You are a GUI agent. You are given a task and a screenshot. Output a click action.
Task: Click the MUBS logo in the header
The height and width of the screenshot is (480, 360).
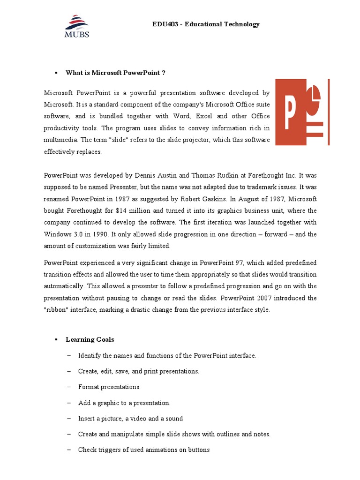point(77,26)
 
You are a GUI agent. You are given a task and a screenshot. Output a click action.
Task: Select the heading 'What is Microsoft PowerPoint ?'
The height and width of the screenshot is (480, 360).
point(115,73)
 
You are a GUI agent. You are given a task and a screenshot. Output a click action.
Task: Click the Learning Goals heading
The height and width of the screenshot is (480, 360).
point(90,339)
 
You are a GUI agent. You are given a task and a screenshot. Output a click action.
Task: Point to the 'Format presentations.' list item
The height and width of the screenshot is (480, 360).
point(109,387)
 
